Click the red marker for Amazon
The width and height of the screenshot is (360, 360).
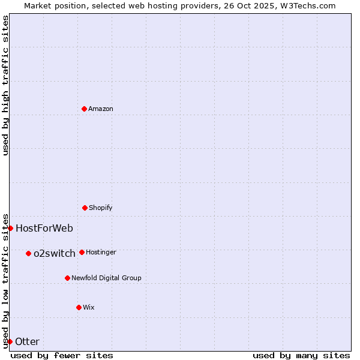[84, 109]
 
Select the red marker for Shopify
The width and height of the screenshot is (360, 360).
[85, 208]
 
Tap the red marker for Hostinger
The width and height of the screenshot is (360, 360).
[82, 252]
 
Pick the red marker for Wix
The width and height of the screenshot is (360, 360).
[79, 307]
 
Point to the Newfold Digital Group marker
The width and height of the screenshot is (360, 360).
[67, 278]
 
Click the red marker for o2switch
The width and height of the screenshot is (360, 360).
[28, 253]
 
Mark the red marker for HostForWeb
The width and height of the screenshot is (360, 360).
[10, 228]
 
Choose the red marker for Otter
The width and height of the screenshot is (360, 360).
[10, 341]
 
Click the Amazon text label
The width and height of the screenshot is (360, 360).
[101, 109]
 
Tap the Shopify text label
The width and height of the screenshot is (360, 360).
[101, 208]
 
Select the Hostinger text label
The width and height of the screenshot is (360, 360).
[101, 252]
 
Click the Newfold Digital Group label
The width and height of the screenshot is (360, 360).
[106, 278]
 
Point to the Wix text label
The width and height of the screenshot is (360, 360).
[89, 307]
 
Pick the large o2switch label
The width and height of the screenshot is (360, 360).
[55, 253]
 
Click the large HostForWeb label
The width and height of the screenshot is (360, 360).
[44, 228]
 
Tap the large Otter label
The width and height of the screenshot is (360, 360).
[28, 341]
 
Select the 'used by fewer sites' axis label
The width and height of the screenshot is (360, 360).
[62, 355]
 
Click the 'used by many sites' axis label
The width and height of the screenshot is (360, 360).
[301, 355]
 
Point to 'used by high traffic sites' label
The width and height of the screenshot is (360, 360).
[5, 85]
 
